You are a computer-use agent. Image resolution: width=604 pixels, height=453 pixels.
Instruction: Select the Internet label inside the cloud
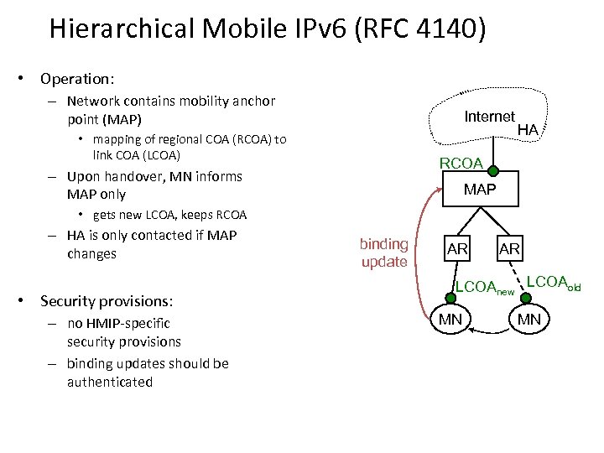489,117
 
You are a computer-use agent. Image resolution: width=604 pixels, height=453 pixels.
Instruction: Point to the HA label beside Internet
528,130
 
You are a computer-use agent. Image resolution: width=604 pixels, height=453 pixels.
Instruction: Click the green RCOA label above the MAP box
461,163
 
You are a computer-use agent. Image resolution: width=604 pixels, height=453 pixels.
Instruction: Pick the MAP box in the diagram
480,190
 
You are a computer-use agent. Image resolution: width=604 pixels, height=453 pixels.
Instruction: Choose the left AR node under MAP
457,249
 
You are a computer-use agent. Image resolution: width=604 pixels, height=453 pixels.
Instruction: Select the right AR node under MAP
509,248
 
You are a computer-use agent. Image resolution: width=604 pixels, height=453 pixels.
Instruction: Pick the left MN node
450,319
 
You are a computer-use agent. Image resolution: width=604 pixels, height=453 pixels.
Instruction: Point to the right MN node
529,319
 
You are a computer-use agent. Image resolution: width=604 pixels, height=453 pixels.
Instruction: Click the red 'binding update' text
384,253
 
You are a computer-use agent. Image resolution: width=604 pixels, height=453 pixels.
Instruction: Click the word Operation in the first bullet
76,79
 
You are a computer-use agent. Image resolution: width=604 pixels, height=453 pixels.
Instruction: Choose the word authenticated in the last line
110,383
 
